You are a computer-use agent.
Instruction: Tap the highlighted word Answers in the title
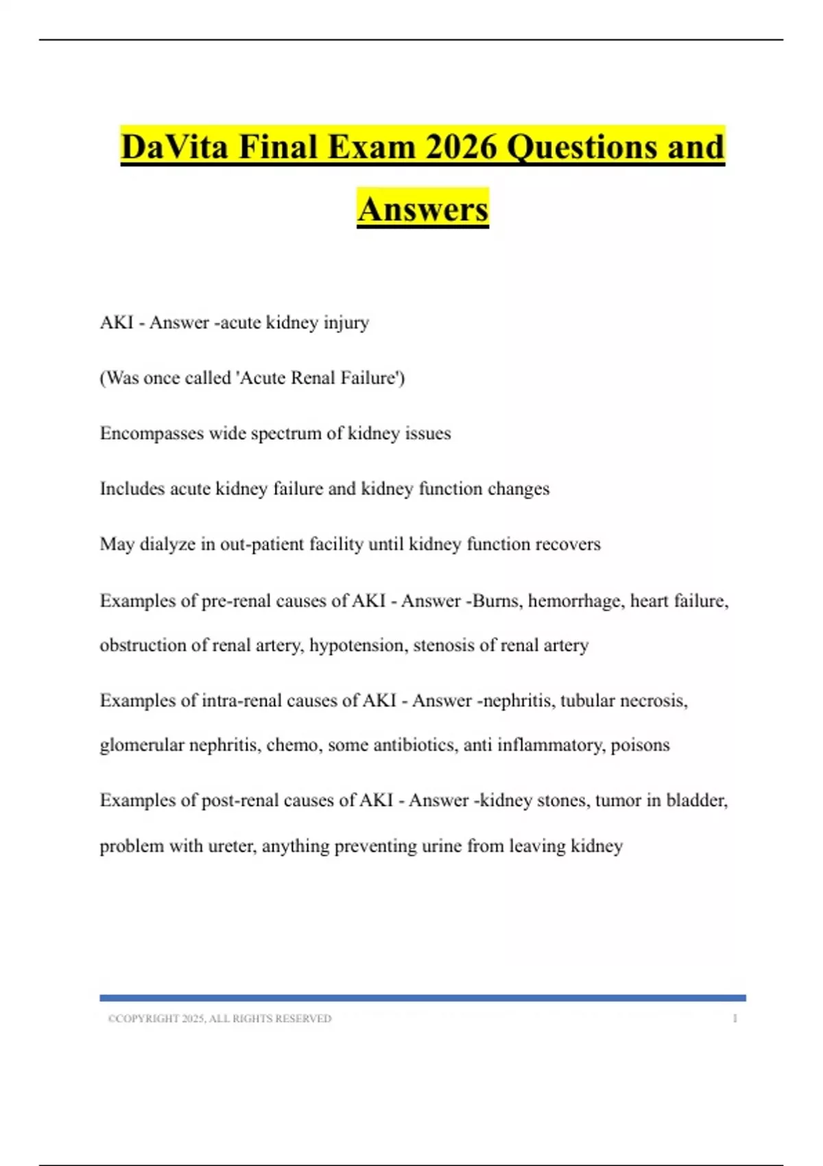click(422, 209)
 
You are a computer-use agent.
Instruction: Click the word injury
click(346, 322)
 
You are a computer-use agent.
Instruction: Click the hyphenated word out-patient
click(262, 545)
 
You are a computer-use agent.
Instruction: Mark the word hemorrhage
click(575, 601)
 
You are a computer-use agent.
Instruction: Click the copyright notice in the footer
click(219, 1019)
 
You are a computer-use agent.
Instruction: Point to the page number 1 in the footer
click(735, 1019)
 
